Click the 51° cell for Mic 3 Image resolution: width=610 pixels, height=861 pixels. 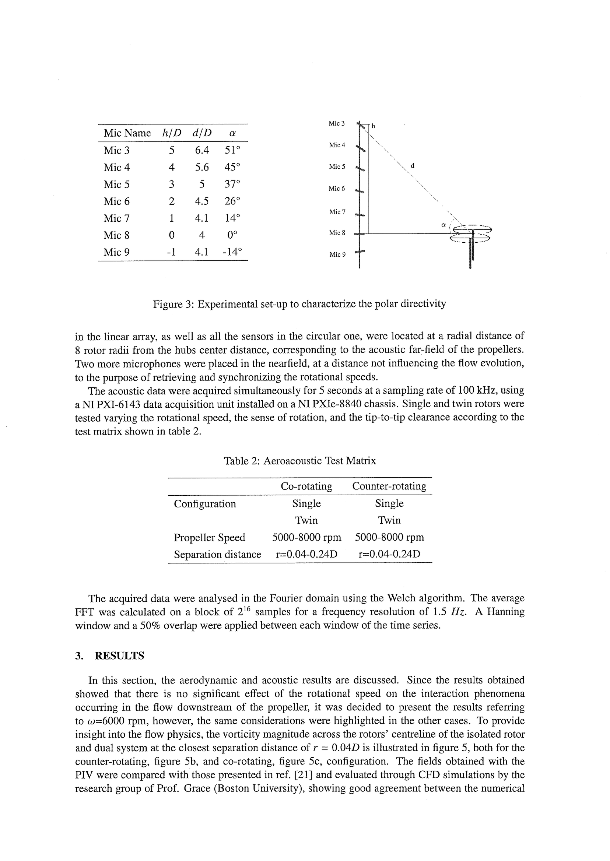(x=232, y=150)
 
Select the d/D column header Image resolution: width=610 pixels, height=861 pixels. (x=202, y=133)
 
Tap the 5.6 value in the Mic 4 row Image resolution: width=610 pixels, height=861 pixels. (x=202, y=167)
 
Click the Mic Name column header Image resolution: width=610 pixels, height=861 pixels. (x=127, y=133)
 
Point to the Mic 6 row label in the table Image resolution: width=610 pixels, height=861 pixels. (x=116, y=201)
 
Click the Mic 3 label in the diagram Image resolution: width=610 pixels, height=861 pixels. (x=337, y=123)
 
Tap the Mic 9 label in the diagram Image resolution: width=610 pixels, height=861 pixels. (x=337, y=254)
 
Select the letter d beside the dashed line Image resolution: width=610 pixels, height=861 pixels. (x=413, y=165)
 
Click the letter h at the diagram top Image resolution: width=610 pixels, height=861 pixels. (x=374, y=126)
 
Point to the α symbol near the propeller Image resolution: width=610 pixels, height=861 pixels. (x=443, y=225)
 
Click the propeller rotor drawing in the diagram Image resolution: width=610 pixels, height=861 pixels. (x=471, y=234)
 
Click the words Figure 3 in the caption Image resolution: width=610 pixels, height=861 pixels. (x=173, y=304)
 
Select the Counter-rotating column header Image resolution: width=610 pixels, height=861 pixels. (x=389, y=486)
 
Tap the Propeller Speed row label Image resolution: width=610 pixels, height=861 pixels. (x=209, y=537)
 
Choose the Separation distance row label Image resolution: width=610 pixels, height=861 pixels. (x=217, y=554)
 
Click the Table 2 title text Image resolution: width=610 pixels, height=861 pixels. (x=300, y=461)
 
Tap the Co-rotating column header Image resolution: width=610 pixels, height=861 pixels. (x=306, y=486)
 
